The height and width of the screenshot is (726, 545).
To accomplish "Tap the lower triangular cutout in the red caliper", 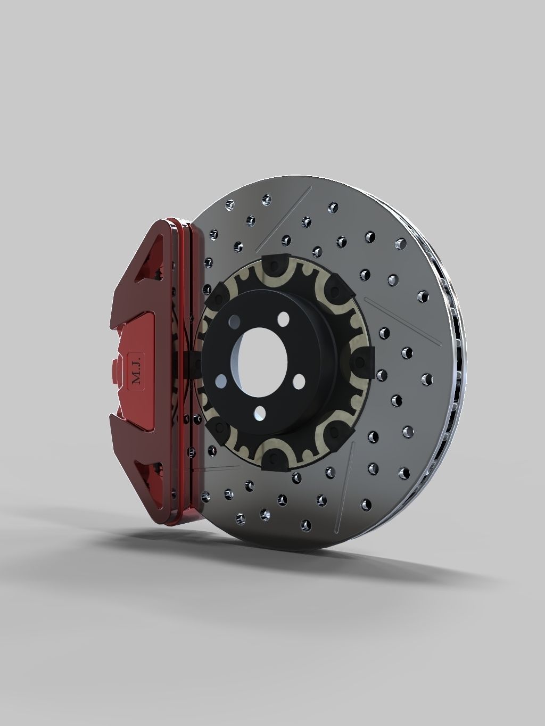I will click(146, 471).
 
